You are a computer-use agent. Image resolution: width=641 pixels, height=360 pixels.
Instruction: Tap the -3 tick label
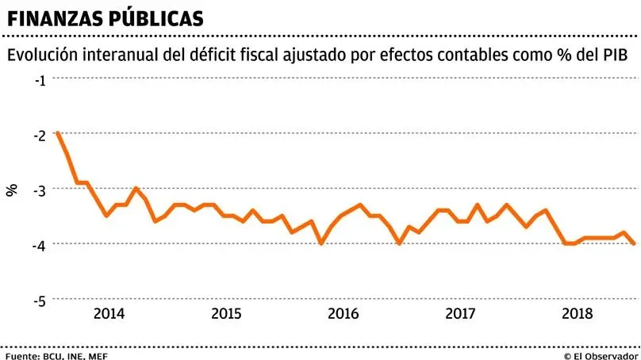[x=40, y=190]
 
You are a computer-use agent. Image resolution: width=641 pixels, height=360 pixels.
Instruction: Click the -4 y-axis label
[x=40, y=244]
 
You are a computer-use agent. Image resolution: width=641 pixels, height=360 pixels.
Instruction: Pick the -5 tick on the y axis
[x=40, y=300]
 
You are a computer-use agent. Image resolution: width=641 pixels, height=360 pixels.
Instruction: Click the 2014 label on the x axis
[x=109, y=313]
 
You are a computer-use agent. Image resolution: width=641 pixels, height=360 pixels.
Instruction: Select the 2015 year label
[x=226, y=313]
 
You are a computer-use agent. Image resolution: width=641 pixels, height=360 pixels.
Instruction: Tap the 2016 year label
[x=343, y=313]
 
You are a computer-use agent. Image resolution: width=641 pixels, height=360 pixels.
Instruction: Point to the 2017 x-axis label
[x=460, y=313]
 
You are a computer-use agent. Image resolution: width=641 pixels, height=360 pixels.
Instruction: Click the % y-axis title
[x=12, y=190]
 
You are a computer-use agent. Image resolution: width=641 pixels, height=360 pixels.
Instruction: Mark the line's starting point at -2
[x=58, y=133]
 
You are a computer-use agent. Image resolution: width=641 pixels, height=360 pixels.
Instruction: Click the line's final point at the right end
[x=634, y=243]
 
